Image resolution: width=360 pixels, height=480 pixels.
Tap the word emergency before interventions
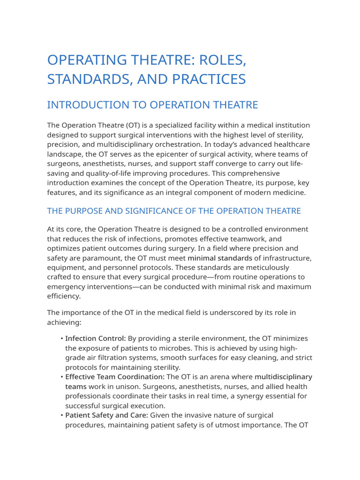(x=67, y=286)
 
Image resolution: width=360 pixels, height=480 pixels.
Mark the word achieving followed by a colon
(x=63, y=322)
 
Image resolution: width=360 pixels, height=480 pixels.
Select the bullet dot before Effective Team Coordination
(x=62, y=377)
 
